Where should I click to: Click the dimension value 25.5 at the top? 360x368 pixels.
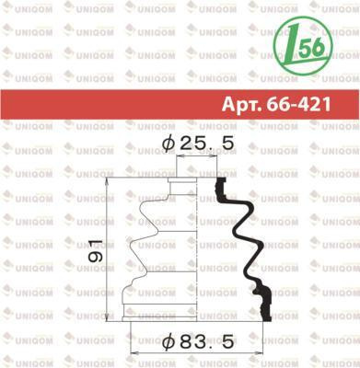click(207, 144)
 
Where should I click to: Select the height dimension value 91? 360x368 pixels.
click(95, 251)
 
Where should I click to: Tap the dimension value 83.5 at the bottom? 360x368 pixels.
click(207, 341)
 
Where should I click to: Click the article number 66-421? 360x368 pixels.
click(298, 104)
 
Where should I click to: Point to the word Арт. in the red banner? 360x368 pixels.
click(241, 105)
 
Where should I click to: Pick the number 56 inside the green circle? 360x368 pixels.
click(311, 47)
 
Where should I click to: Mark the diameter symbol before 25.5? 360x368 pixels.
click(168, 144)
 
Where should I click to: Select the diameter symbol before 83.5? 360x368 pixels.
click(168, 341)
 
